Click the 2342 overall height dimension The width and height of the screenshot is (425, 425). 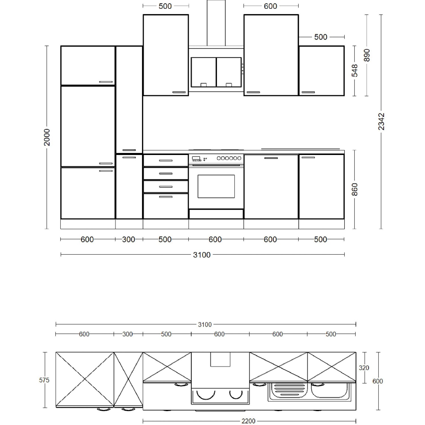tap(381, 122)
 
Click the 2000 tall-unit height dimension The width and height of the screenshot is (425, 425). tap(47, 137)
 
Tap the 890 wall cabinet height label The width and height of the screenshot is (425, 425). tap(367, 55)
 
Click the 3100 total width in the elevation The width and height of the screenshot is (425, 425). tap(202, 255)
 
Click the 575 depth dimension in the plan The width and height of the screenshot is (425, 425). tap(44, 380)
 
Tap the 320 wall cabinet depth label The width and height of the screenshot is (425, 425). tap(364, 368)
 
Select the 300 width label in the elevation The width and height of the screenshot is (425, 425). tap(128, 239)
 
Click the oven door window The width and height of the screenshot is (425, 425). tap(216, 186)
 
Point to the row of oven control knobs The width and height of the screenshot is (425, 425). tap(229, 158)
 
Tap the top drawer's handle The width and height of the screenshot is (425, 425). tap(166, 161)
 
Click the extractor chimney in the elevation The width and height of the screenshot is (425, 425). tap(216, 23)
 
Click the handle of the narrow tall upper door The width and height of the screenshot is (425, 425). tap(129, 150)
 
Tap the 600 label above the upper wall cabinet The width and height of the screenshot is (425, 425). tap(270, 6)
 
